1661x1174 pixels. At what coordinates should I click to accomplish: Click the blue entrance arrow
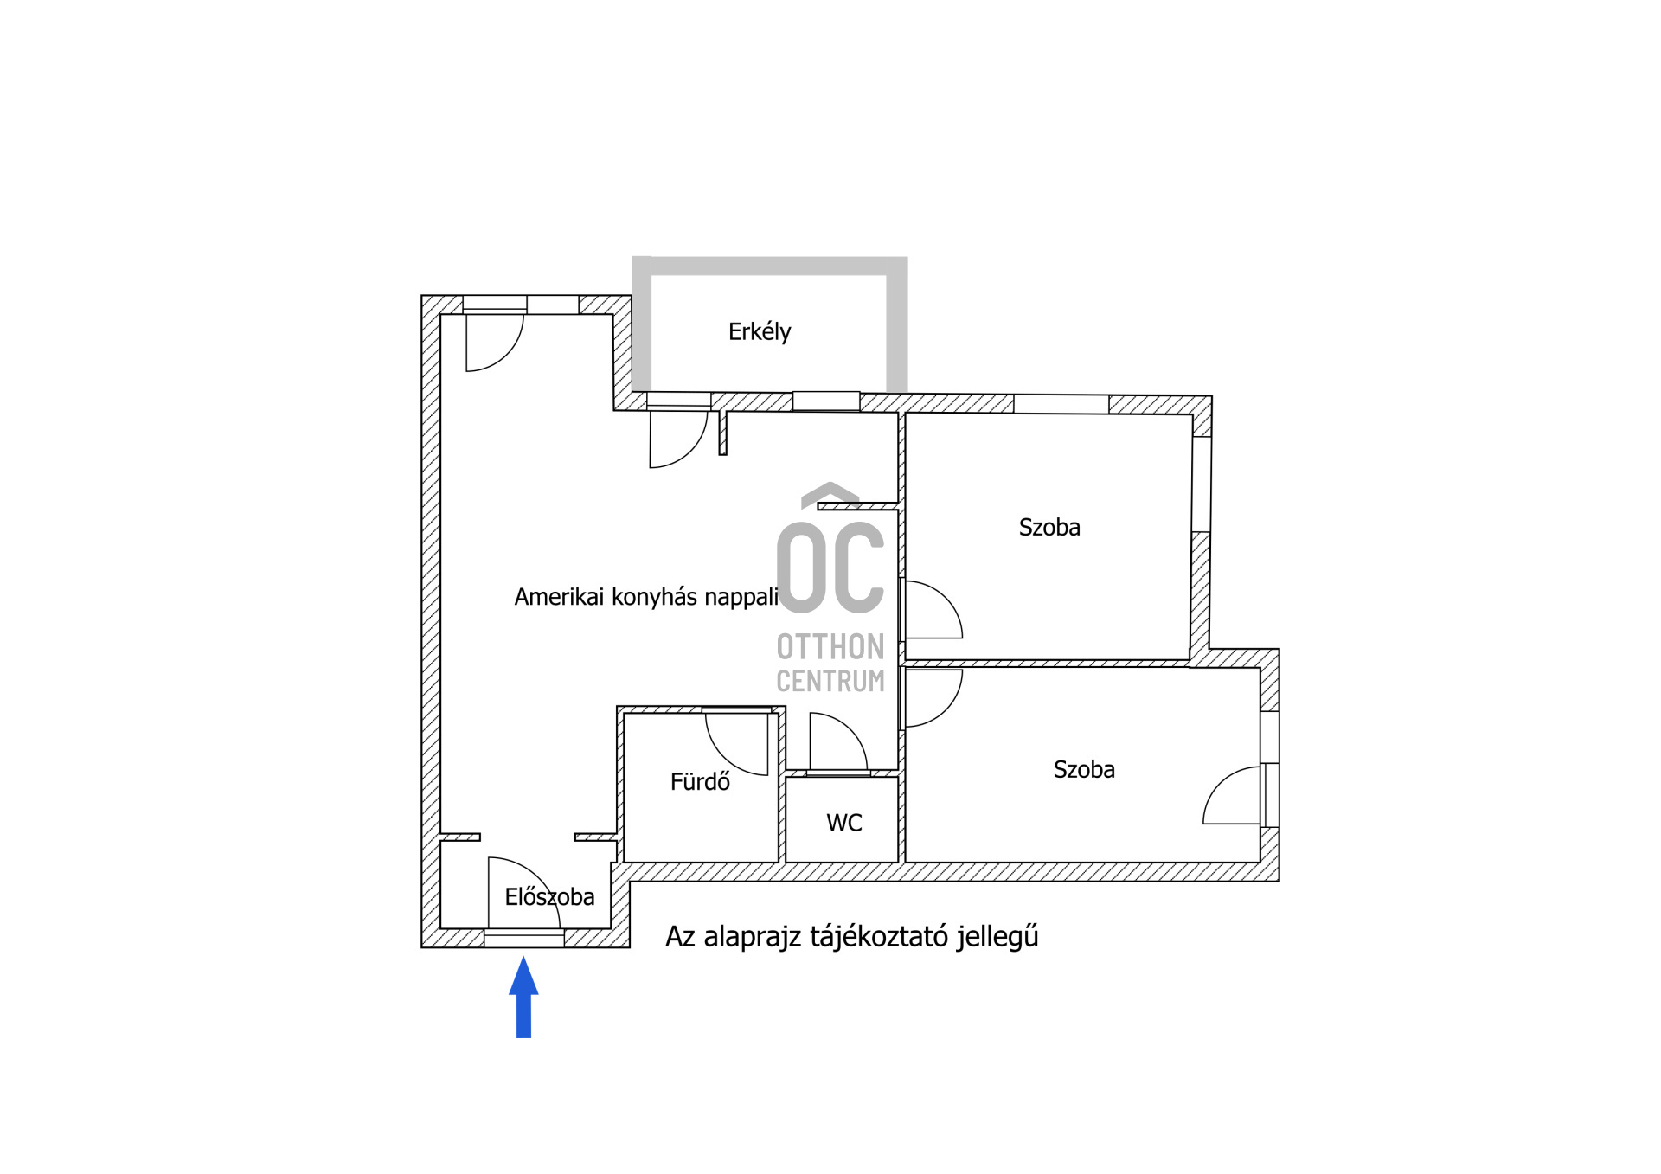coord(523,997)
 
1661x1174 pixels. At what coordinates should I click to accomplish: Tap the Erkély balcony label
coord(760,332)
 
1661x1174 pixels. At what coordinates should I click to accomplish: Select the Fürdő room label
coord(700,782)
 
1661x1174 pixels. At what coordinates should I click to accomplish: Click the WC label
coord(844,823)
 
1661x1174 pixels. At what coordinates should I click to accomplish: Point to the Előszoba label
coord(550,897)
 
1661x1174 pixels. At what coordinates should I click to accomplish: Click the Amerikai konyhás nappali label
coord(646,597)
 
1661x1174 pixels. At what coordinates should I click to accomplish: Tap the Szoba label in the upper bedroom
coord(1049,528)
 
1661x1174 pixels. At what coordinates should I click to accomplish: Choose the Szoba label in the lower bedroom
coord(1084,770)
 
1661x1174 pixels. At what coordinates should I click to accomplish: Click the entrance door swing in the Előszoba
coord(524,893)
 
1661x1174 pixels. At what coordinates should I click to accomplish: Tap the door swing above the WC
coord(838,741)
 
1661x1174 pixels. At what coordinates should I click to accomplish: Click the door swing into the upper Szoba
coord(933,610)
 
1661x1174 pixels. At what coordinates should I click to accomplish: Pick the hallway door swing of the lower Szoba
coord(933,698)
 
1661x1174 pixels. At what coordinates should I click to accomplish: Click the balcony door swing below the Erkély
coord(679,439)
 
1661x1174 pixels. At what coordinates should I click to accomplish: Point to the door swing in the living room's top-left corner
coord(495,343)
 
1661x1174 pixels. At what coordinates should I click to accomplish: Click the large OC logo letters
coord(830,568)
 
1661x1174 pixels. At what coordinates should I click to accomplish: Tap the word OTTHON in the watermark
coord(830,647)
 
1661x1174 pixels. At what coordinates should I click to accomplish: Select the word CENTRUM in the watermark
coord(830,682)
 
